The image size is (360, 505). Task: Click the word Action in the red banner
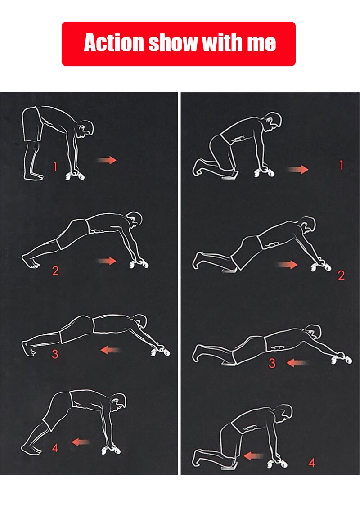(114, 42)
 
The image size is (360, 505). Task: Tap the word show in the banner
(173, 42)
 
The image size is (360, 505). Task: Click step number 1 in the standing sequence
(55, 167)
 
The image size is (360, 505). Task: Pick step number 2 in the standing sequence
(55, 271)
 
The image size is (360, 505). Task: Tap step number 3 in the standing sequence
(55, 354)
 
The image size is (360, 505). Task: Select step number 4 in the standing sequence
(55, 448)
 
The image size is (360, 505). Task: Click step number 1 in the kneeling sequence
(341, 165)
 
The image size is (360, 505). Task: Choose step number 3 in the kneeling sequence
(272, 363)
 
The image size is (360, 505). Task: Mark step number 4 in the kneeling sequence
(312, 463)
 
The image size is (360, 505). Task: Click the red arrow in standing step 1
(107, 160)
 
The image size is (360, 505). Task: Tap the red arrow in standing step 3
(110, 350)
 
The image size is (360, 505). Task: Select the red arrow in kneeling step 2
(287, 265)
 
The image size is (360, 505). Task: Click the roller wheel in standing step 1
(75, 176)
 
